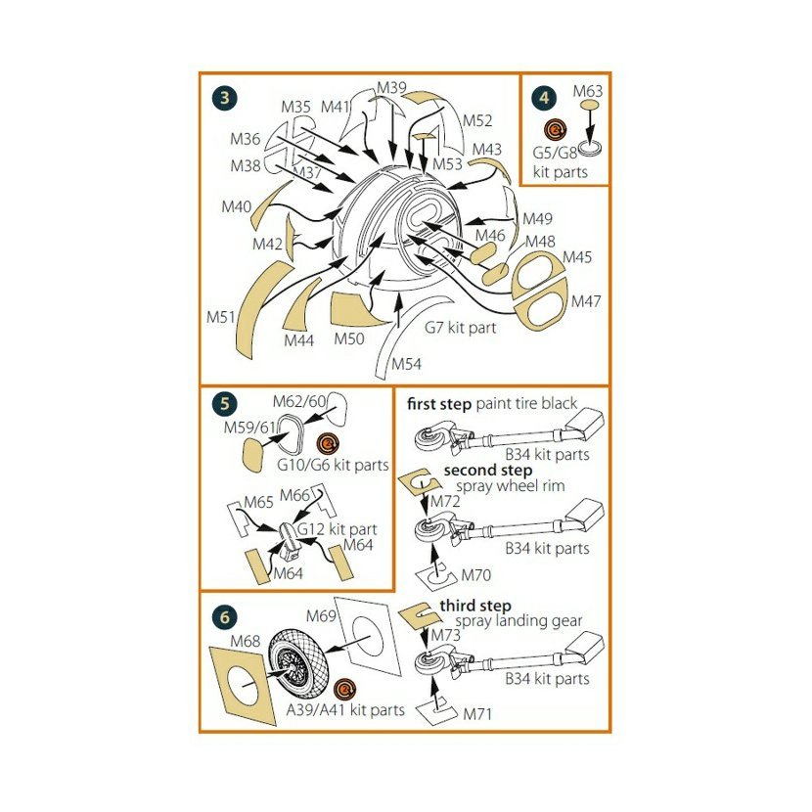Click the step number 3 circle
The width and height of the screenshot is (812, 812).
224,98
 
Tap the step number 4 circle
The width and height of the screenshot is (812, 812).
544,98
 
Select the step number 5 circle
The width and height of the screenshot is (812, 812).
224,403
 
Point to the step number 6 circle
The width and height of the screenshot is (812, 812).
224,616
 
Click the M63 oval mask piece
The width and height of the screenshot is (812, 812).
590,105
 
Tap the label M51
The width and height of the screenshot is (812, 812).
221,317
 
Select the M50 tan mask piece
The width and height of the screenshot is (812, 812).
356,311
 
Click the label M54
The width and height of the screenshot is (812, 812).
407,364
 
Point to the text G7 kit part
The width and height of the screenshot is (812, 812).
460,328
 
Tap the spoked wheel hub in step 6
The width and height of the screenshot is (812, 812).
290,667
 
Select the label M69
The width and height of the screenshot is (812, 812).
321,616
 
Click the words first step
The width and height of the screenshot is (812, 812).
439,404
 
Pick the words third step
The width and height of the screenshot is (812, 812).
475,606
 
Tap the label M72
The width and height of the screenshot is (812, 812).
445,501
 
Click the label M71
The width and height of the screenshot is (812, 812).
477,714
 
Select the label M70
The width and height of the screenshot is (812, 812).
475,575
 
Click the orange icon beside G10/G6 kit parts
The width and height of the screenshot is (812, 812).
328,444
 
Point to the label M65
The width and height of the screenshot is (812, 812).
258,502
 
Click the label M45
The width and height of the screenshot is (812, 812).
577,257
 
